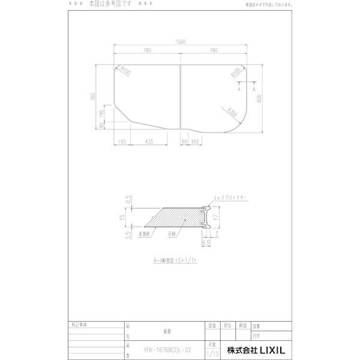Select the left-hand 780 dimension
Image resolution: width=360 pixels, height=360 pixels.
click(146, 52)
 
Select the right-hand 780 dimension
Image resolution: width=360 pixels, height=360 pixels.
click(214, 52)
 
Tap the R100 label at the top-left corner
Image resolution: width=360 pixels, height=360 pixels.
click(125, 72)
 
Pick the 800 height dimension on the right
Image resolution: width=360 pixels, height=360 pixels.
click(259, 99)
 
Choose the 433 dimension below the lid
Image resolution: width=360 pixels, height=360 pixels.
click(149, 142)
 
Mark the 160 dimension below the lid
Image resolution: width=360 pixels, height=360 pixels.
click(195, 142)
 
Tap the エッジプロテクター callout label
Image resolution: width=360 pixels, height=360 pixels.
click(230, 197)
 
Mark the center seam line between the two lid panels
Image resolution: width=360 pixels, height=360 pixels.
click(180, 100)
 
